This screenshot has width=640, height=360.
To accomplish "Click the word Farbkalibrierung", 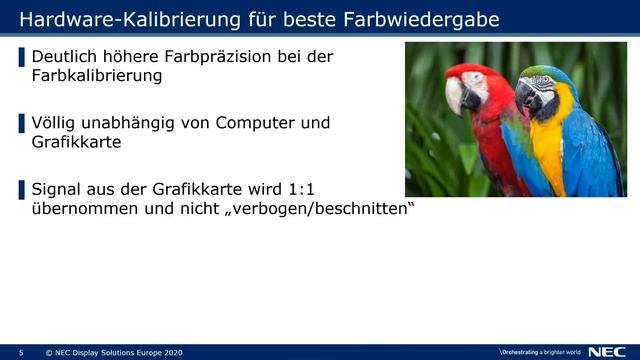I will [96, 75].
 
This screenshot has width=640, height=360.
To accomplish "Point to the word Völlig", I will [57, 123].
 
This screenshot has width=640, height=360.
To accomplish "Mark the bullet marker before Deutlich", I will [22, 57].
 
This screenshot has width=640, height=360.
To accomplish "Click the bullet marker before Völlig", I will [22, 123].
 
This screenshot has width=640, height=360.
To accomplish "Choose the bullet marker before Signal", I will [22, 189].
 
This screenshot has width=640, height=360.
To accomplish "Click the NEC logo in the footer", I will [608, 352].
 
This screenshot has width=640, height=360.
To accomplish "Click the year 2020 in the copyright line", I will [172, 353].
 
